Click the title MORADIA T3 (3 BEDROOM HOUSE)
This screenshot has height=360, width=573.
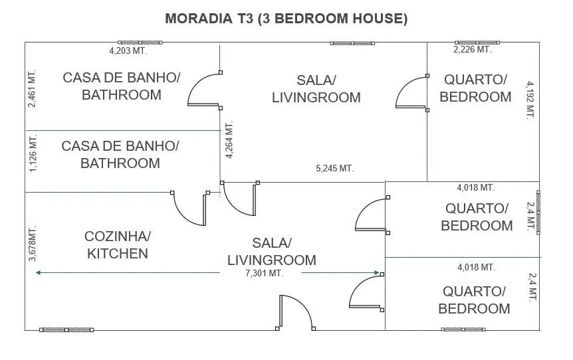pos(286,18)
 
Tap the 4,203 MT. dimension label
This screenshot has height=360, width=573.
pos(128,50)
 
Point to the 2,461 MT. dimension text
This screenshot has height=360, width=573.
pos(32,89)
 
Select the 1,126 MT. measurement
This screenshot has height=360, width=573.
pos(33,153)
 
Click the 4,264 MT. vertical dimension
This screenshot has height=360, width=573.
pos(229,139)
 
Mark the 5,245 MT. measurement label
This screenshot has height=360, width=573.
pos(335,168)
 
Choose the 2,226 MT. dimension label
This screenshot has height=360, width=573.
pos(472,49)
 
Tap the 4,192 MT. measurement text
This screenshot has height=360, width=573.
pos(530,100)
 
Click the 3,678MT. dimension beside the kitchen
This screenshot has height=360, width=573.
pos(33,243)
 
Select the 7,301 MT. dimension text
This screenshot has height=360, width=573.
pos(264,273)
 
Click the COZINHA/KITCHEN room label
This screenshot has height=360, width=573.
pos(117,244)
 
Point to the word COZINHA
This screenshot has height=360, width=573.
pos(117,236)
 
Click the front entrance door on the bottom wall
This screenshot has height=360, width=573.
pos(296,313)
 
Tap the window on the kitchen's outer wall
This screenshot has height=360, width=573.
pos(66,329)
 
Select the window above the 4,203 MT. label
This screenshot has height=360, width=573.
pos(140,43)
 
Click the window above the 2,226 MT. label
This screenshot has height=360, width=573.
pos(477,43)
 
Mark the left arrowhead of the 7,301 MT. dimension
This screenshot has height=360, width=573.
pos(38,272)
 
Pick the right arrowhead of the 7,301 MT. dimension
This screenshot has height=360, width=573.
pos(377,272)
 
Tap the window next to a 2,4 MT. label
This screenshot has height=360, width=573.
pos(538,212)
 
